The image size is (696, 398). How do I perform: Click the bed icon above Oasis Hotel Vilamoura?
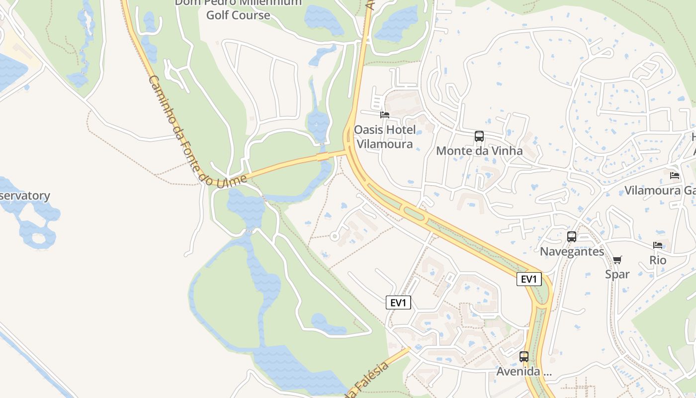[384, 115]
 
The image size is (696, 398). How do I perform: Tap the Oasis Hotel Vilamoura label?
[384, 137]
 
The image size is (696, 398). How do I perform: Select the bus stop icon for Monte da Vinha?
[479, 136]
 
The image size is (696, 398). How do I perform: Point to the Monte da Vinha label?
[479, 151]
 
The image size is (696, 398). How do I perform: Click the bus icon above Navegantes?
[572, 237]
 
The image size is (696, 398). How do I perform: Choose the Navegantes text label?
[572, 251]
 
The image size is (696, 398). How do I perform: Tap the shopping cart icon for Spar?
[617, 259]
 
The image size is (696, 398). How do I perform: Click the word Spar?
[617, 274]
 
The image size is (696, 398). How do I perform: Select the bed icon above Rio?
[657, 245]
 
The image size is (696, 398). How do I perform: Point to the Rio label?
[657, 260]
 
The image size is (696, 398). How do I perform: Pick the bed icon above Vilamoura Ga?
[674, 176]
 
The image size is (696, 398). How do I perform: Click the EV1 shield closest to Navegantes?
[528, 279]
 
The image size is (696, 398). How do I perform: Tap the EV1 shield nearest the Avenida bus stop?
[398, 302]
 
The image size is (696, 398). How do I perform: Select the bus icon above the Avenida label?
[523, 357]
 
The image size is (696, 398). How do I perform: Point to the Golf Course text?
[238, 15]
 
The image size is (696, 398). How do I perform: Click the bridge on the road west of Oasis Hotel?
[324, 157]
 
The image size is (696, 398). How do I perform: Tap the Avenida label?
[523, 372]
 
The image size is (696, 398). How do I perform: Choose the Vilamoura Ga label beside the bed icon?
[659, 190]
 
